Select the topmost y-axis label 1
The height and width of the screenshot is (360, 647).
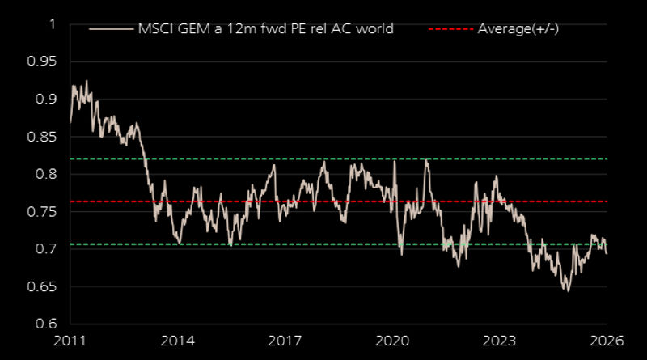pos(53,24)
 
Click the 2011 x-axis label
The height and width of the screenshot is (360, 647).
pos(71,341)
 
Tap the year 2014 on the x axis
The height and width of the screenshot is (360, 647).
pos(178,341)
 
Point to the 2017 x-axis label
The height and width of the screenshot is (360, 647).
pos(285,341)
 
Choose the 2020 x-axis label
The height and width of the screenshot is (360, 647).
pos(392,341)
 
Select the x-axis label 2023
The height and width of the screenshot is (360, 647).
pos(500,341)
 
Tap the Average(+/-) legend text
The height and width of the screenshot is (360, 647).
pos(518,29)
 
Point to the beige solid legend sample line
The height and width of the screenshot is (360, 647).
pos(112,29)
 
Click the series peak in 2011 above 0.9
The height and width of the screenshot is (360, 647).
pos(87,81)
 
